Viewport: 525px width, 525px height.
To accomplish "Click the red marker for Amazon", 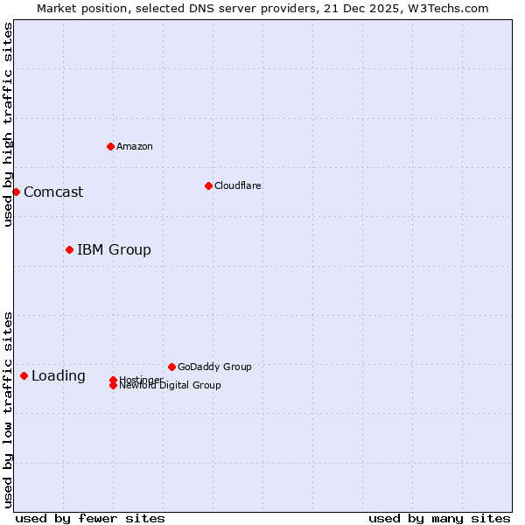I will [110, 146].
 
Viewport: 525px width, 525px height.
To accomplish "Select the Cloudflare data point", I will [208, 185].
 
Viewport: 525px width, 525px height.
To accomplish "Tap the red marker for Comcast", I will [16, 192].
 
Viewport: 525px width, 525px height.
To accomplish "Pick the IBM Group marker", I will [69, 249].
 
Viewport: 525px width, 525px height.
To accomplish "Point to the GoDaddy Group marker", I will [171, 367].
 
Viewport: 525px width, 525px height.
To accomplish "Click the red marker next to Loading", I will [24, 375].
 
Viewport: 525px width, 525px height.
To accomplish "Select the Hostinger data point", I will [113, 380].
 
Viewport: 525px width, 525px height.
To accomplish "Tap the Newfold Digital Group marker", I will [113, 386].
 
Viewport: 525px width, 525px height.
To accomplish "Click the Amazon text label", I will [135, 146].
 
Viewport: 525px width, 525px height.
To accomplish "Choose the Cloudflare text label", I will [238, 185].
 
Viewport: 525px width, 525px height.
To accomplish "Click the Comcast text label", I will [53, 192].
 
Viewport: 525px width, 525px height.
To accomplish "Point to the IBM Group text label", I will [114, 250].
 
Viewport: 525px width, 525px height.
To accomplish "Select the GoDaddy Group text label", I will [214, 367].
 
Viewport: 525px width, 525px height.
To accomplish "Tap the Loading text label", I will [59, 376].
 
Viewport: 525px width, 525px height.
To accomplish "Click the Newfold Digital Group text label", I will [170, 386].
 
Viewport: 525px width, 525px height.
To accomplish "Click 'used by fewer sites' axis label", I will [90, 518].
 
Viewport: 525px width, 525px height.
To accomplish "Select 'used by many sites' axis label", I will [439, 518].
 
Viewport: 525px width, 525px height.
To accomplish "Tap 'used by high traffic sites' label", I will [8, 124].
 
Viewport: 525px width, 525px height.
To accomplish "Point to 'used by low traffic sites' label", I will [8, 409].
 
